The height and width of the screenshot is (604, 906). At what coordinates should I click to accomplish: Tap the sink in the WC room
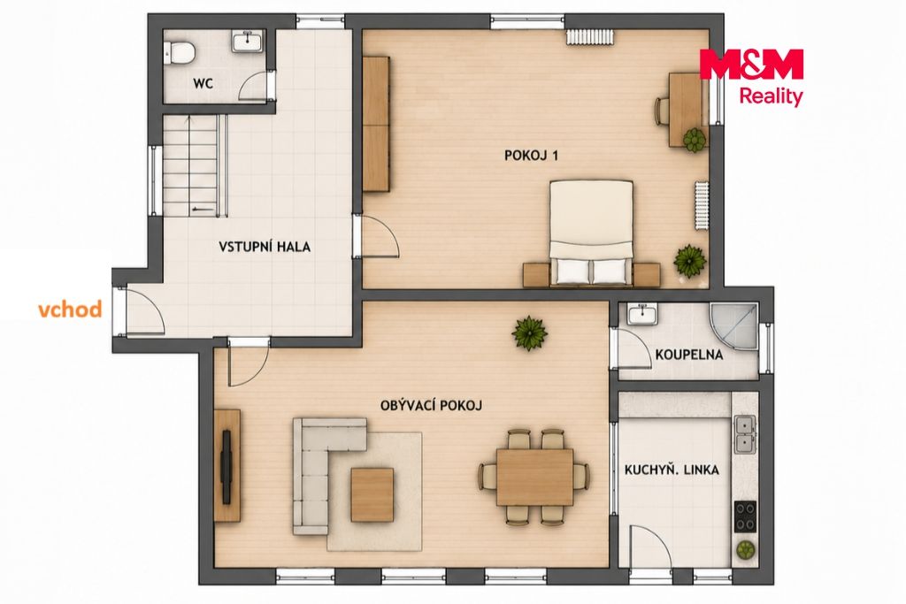tap(249, 42)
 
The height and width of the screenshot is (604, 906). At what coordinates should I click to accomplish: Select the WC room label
tap(203, 84)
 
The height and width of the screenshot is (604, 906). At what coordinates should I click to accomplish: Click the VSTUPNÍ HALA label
tap(264, 247)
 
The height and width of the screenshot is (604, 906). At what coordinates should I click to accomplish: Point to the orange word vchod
tap(70, 309)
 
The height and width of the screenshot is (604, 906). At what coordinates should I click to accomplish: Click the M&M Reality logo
tap(752, 77)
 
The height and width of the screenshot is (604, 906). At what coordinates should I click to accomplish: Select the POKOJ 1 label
tap(531, 156)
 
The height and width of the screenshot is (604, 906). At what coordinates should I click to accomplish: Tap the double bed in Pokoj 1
tap(590, 233)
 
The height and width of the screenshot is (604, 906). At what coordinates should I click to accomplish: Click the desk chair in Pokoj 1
tap(662, 110)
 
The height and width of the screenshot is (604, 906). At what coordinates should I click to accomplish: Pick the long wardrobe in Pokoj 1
tap(377, 124)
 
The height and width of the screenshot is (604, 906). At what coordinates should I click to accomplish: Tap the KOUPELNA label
tap(688, 354)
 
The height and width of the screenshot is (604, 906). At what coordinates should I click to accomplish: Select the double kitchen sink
tap(744, 433)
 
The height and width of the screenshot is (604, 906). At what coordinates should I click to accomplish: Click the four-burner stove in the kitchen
tap(745, 516)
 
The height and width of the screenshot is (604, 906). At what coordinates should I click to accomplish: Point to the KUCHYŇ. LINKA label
tap(672, 470)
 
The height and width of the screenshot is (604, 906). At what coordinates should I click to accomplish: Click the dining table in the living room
tap(535, 477)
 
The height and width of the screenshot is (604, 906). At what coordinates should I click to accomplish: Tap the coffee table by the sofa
tap(372, 495)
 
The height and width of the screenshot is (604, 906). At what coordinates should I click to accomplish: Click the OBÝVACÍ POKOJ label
tap(431, 405)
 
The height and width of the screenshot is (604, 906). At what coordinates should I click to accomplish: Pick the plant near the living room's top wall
tap(530, 333)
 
